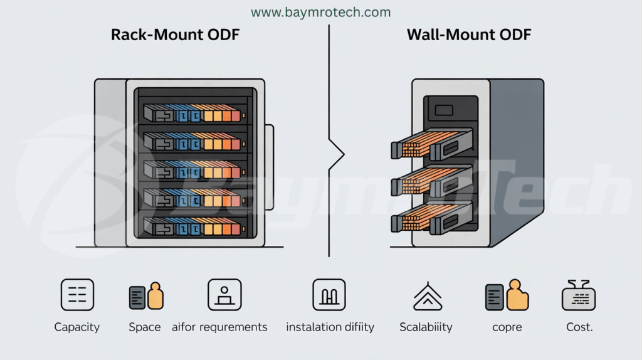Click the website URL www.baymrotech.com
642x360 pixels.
[320, 12]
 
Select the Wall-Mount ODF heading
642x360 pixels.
[469, 34]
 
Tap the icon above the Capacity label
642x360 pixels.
[77, 295]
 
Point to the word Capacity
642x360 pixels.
[77, 327]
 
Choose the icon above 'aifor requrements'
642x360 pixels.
[224, 295]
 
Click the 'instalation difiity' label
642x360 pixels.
[330, 327]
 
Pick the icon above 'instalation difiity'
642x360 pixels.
[329, 295]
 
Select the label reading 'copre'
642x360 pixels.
[507, 327]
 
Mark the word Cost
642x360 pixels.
[578, 327]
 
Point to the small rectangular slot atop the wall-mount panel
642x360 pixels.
[444, 110]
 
